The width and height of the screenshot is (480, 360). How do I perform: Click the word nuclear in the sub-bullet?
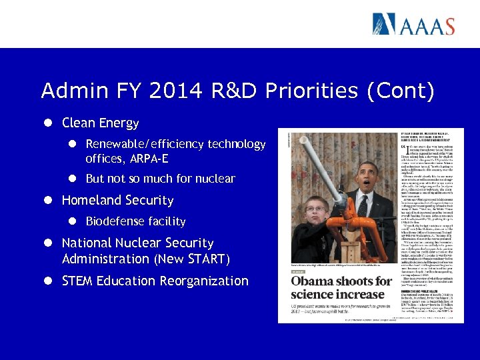point(213,179)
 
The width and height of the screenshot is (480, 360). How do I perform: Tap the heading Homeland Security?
point(117,200)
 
